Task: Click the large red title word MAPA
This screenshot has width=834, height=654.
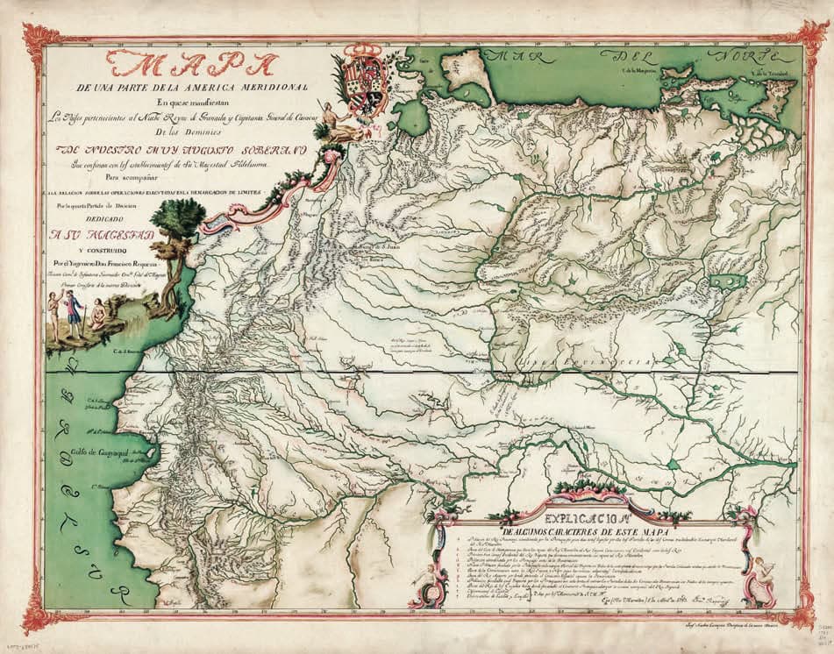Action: (x=189, y=66)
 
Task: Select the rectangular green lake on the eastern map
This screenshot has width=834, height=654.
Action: (x=726, y=281)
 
